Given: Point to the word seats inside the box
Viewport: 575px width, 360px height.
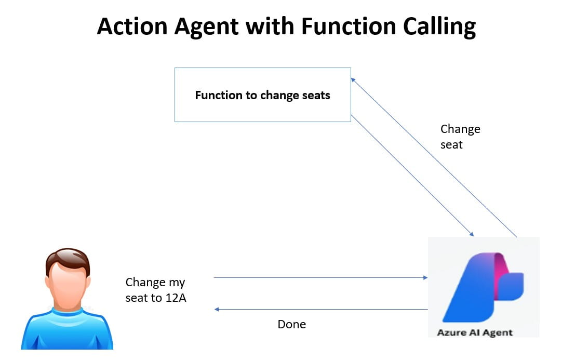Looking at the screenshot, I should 316,96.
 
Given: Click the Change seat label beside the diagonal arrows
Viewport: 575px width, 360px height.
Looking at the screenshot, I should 460,137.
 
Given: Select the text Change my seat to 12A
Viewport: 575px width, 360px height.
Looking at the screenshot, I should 155,290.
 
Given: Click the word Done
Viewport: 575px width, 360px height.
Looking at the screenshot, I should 291,325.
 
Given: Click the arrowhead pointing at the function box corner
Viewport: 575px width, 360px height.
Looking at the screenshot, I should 353,80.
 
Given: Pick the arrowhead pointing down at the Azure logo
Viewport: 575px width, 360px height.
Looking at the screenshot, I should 472,234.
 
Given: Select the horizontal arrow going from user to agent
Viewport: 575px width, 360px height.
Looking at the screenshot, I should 319,278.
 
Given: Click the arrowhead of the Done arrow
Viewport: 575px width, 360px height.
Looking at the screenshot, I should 217,310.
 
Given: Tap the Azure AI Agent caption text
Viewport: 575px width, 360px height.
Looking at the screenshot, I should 475,332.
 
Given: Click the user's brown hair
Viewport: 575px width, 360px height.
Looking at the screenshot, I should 66,258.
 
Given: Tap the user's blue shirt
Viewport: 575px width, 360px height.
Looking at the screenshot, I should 66,330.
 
